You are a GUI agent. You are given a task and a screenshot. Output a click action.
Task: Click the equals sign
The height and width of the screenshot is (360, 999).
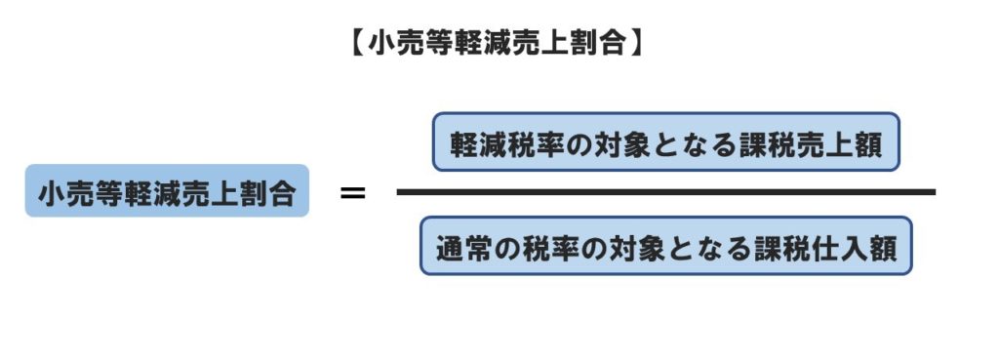(352, 192)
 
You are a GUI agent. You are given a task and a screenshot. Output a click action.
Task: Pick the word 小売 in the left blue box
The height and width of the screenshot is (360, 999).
(65, 192)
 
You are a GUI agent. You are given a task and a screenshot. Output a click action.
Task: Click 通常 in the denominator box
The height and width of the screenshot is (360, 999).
(462, 246)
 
